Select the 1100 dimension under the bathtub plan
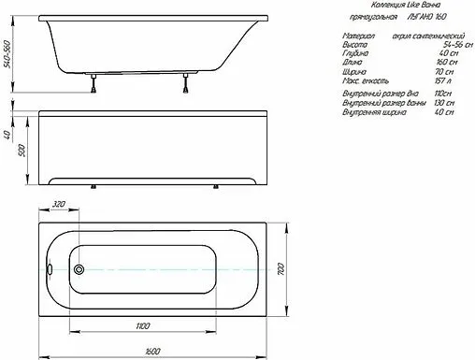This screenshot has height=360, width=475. pos(141,325)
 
